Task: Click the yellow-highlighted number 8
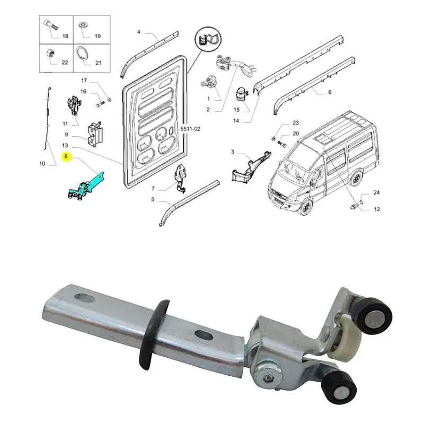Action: [66, 156]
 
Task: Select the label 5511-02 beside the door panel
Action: [190, 129]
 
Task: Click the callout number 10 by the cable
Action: [42, 164]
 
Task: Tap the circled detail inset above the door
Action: [208, 39]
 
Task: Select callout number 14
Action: [236, 121]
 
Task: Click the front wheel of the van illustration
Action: [306, 207]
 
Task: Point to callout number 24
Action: [377, 192]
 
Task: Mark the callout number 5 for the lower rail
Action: [153, 199]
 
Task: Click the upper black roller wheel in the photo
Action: [374, 316]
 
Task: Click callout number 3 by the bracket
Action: [233, 152]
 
